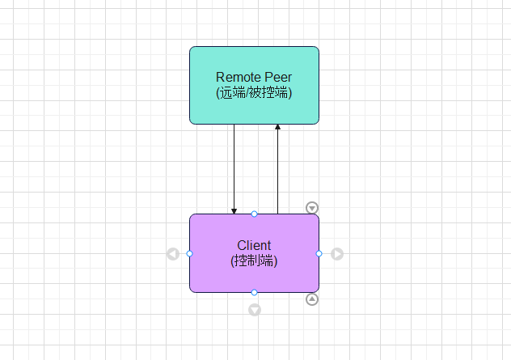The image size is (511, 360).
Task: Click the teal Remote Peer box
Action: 254,85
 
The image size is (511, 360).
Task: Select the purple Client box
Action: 254,253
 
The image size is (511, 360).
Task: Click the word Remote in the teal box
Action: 239,78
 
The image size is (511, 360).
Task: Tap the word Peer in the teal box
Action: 278,78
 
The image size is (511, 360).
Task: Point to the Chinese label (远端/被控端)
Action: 254,92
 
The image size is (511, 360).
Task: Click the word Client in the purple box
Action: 254,245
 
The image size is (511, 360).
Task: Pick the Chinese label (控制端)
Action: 254,260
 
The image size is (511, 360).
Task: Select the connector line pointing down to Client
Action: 234,169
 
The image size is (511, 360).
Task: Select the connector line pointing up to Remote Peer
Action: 277,169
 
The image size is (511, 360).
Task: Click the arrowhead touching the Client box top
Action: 234,211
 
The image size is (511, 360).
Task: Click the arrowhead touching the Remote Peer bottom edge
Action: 277,127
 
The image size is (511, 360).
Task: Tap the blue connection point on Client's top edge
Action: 254,214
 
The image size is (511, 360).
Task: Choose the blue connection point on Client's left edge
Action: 189,253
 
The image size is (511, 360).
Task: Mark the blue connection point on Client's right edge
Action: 319,253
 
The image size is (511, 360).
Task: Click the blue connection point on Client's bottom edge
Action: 254,293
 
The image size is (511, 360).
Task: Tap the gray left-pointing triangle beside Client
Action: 173,254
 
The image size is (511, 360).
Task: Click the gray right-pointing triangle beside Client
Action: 337,254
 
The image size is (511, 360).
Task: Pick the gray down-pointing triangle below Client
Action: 255,310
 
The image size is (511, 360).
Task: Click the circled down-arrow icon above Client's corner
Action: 312,208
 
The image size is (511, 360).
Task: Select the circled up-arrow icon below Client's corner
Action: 312,299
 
